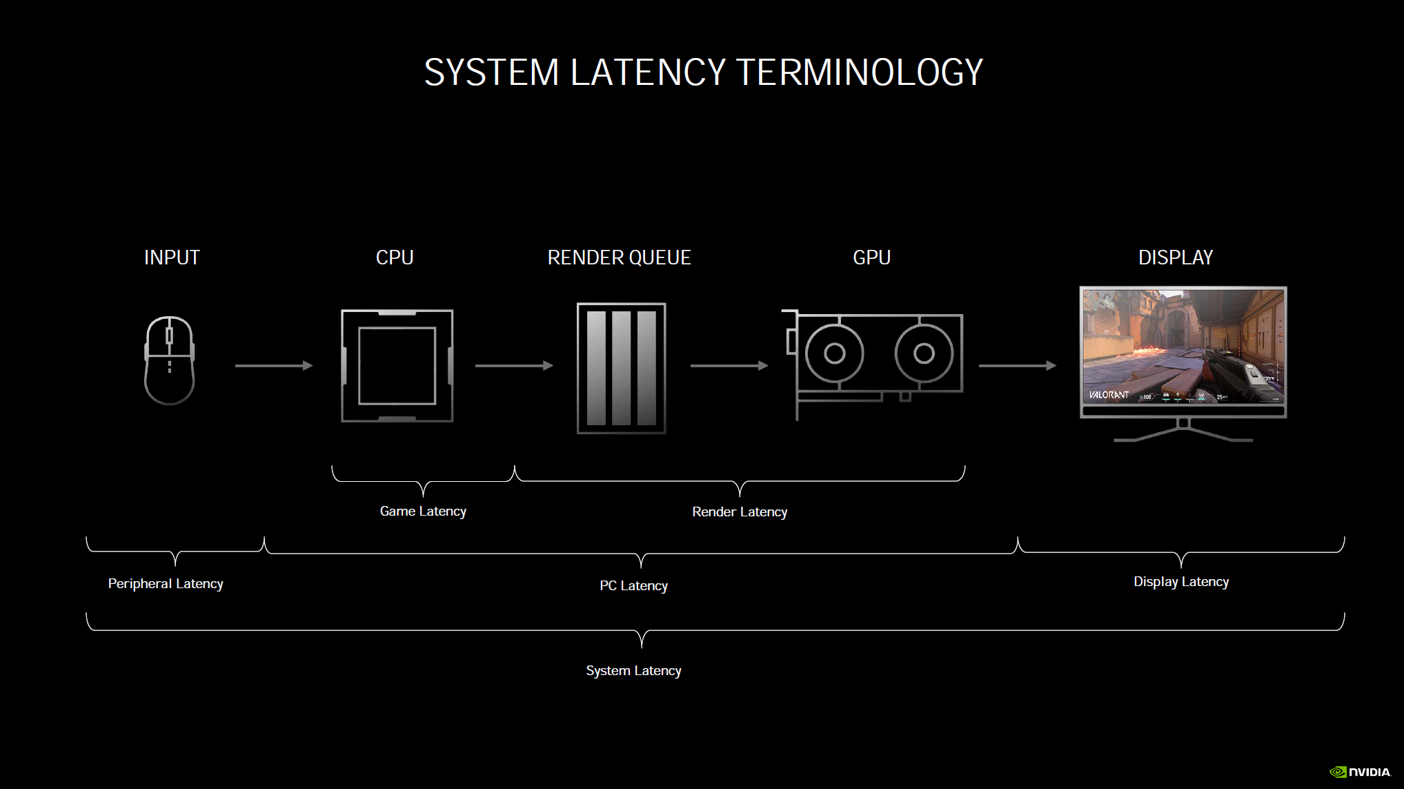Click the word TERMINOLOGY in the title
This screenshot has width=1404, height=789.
(x=860, y=72)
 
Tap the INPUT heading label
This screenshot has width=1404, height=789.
(x=172, y=257)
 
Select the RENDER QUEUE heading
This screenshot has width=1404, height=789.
(x=619, y=257)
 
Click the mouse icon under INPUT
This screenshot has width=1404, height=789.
(x=169, y=360)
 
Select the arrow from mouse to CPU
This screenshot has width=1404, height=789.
(x=274, y=365)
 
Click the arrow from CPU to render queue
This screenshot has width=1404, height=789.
(x=514, y=365)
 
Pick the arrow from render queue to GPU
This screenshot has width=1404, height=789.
(x=729, y=365)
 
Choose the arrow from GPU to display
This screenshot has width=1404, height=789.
(x=1018, y=365)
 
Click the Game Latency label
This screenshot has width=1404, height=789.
(x=423, y=512)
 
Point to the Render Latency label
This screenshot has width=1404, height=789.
(x=740, y=512)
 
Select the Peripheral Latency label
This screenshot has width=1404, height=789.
(x=166, y=584)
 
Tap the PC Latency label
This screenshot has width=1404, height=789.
(x=633, y=586)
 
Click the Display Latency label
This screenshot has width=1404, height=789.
(x=1181, y=582)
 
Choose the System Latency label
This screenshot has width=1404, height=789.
(x=633, y=671)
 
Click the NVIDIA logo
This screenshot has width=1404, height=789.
(x=1360, y=772)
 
